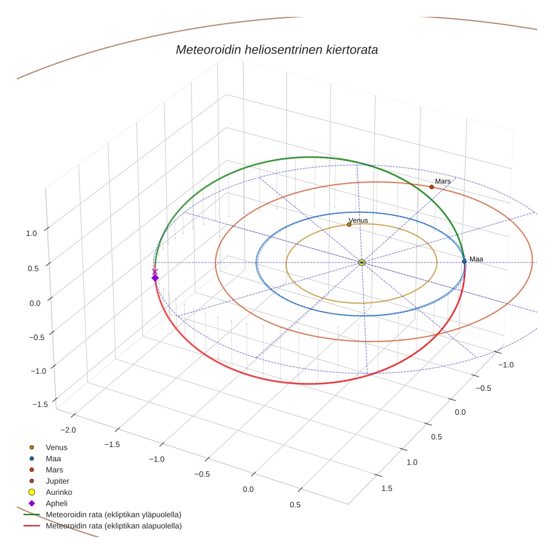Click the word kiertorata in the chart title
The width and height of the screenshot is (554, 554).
pos(351,50)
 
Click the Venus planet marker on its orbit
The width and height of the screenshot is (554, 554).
pos(349,224)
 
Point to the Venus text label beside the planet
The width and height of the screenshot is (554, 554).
pos(358,220)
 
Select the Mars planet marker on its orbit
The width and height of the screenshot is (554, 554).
pos(432,187)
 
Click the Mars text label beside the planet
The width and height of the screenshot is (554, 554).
pos(443,181)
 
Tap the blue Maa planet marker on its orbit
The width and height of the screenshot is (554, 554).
pos(464,261)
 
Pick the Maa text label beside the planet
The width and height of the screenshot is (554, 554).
pos(476,259)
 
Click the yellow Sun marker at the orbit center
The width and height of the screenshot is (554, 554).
pos(362,262)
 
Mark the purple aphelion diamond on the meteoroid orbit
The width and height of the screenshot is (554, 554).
pos(155,278)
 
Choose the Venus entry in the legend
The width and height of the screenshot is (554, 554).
pos(56,447)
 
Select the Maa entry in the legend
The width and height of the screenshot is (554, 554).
pos(53,458)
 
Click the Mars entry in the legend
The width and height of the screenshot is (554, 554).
pos(55,470)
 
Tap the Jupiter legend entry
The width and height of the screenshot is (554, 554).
pos(57,481)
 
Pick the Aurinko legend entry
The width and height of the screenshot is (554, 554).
pos(59,492)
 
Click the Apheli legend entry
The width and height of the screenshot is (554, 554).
pos(56,503)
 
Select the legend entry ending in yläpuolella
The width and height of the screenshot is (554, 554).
pos(113,515)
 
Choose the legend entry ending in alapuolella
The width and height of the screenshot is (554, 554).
pos(113,526)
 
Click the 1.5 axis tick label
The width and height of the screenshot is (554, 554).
pos(387,488)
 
